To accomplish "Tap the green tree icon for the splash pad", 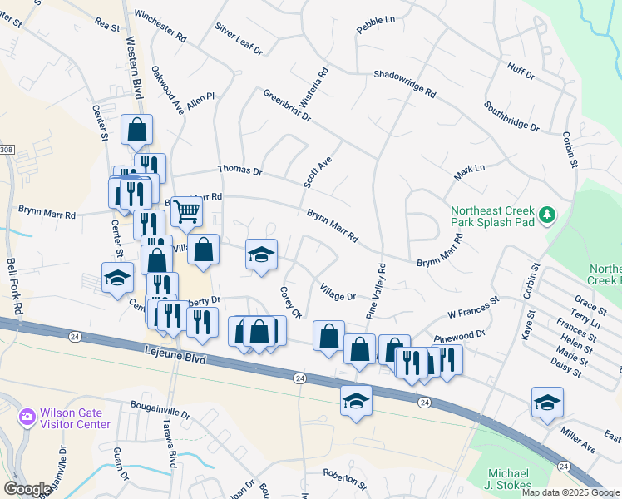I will coord(546,216).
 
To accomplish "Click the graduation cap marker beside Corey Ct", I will coord(261,254).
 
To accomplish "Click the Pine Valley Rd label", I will coord(377,292).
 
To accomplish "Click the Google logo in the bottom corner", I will coord(27,488).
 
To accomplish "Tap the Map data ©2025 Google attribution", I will coord(570,492).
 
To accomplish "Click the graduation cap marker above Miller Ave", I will coord(547,402).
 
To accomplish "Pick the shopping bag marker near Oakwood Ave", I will coord(137,130).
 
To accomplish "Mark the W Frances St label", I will coord(472,307).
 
